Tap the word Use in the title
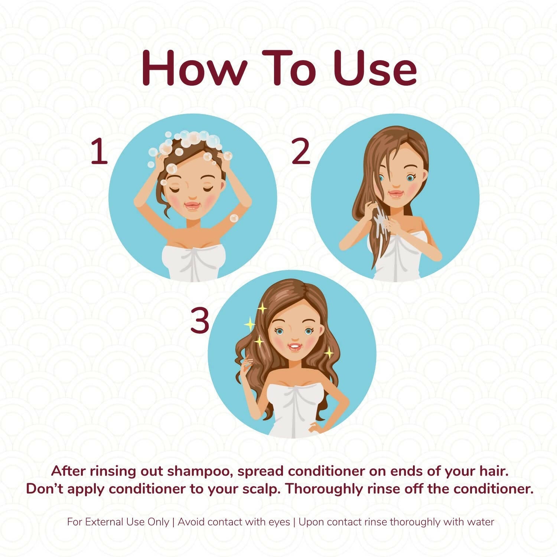375,68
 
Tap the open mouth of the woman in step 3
294,348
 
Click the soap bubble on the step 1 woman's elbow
234,218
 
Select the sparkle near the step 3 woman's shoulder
329,352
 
